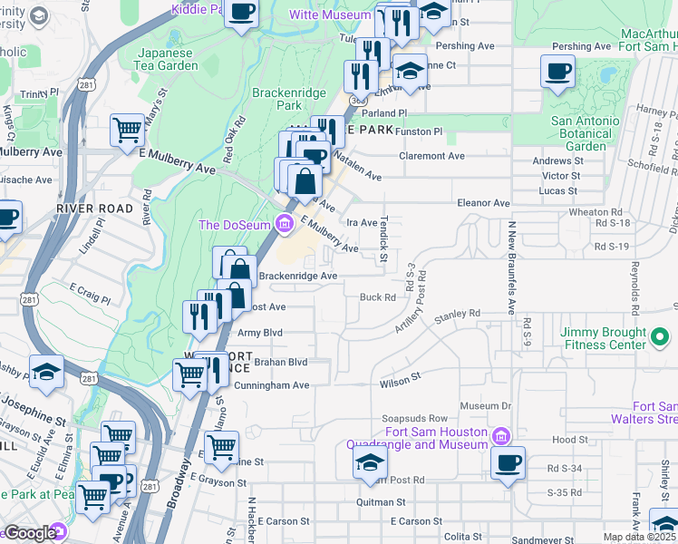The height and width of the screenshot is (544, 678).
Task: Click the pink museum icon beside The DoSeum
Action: coord(284,223)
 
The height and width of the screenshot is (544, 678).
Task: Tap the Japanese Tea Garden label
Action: coord(168,59)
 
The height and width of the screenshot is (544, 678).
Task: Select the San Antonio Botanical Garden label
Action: coord(586,133)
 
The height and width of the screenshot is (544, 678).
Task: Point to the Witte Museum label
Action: coord(330,15)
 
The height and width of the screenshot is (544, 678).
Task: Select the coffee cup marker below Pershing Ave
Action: coord(557,71)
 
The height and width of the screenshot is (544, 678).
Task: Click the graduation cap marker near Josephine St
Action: coord(45,372)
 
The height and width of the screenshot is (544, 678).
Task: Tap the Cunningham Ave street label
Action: coord(272,385)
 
